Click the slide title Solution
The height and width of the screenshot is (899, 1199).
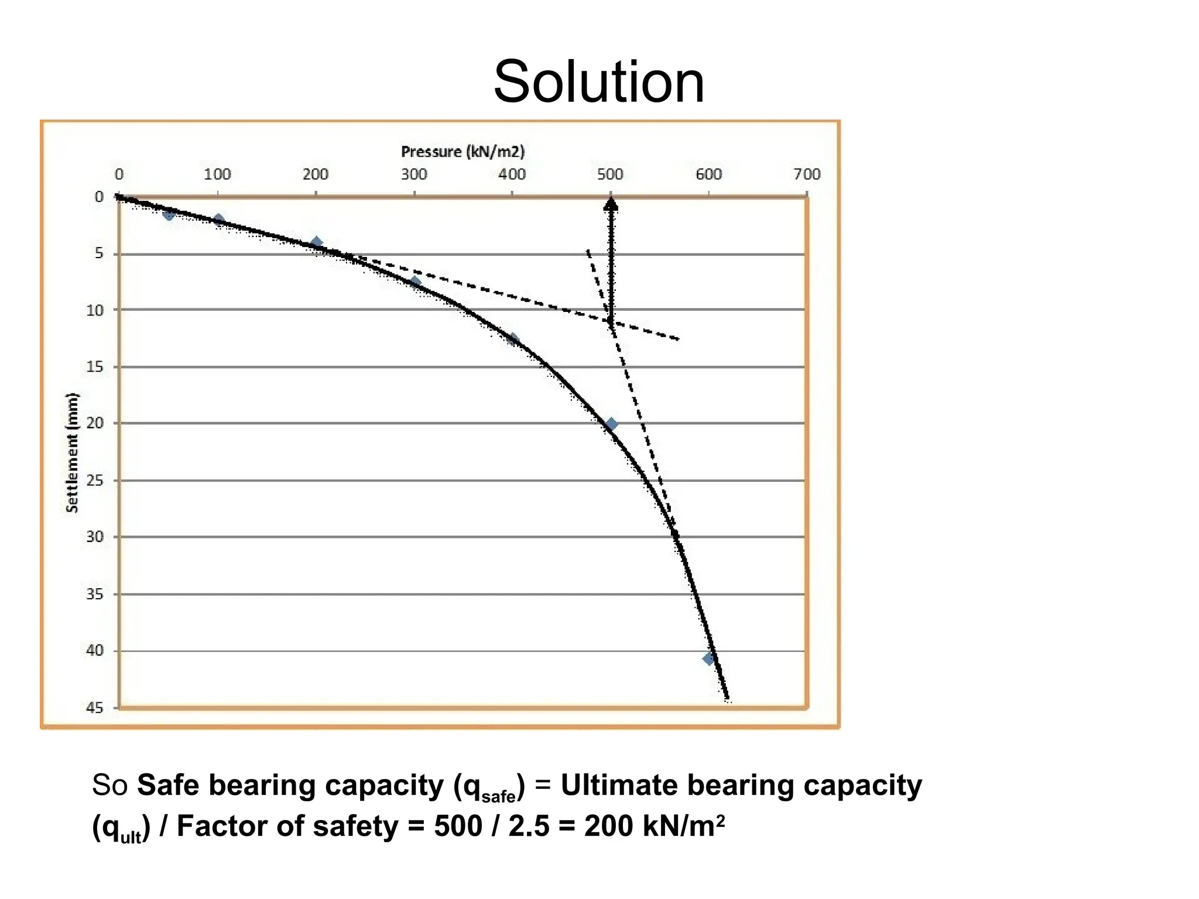(598, 82)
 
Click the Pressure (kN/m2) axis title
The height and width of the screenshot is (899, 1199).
(463, 152)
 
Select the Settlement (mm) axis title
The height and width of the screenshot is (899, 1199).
(72, 452)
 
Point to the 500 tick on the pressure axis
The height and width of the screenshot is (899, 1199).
(610, 174)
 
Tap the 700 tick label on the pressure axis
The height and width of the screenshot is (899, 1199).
(807, 174)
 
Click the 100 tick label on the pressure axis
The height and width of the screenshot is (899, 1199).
(217, 174)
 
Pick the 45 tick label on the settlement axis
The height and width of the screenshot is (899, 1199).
(95, 708)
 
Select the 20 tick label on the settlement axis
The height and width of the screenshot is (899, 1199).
(95, 423)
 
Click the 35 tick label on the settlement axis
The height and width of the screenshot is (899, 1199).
(95, 594)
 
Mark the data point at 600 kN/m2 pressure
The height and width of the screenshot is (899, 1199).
(709, 659)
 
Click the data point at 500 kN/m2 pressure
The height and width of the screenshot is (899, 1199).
(611, 424)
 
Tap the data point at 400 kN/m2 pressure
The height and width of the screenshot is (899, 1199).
(513, 339)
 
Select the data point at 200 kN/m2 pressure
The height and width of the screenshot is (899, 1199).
(317, 243)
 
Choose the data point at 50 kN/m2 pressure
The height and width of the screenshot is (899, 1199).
(169, 214)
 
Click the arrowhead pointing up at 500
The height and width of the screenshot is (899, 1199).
(611, 204)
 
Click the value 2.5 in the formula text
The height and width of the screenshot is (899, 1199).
(529, 826)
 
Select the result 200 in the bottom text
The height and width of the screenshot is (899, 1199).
(609, 826)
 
